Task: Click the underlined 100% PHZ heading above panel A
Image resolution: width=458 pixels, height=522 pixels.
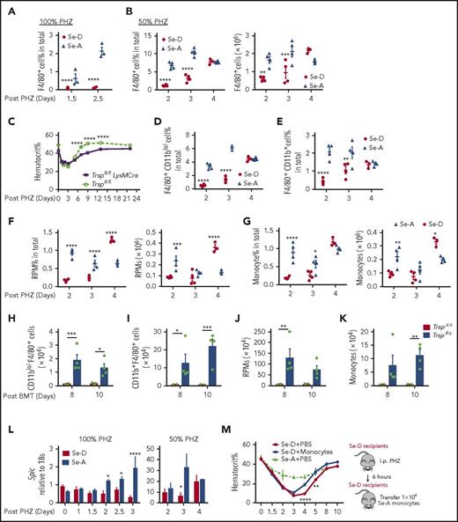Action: pos(37,9)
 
